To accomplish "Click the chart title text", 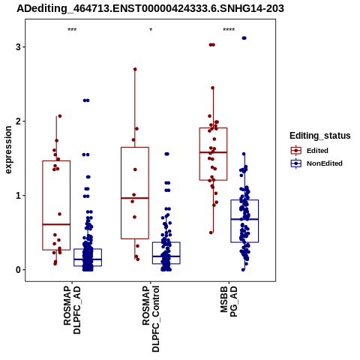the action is [x=150, y=9].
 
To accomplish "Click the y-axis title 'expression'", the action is [x=8, y=150].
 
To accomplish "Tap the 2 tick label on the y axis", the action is [x=18, y=121].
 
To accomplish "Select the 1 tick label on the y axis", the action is [x=18, y=196].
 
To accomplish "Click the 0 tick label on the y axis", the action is [x=18, y=270].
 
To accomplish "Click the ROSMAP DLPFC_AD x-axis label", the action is [x=72, y=310].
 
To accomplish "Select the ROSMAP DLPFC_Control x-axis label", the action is [x=151, y=319].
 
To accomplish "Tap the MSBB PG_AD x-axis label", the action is [x=229, y=301].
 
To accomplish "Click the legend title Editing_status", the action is [x=320, y=136].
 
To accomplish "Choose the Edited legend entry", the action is [x=309, y=151].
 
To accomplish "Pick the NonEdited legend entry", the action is [x=316, y=163].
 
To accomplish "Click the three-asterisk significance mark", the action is [x=72, y=30].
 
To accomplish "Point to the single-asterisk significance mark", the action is [x=151, y=30].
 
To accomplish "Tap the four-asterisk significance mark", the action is [x=229, y=30].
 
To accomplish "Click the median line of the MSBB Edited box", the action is [x=213, y=152].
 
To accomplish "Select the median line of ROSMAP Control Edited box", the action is [x=135, y=198].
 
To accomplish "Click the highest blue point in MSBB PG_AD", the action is [x=244, y=38].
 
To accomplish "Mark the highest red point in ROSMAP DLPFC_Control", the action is [x=135, y=69].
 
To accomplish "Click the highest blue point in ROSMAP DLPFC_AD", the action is [x=86, y=100].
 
